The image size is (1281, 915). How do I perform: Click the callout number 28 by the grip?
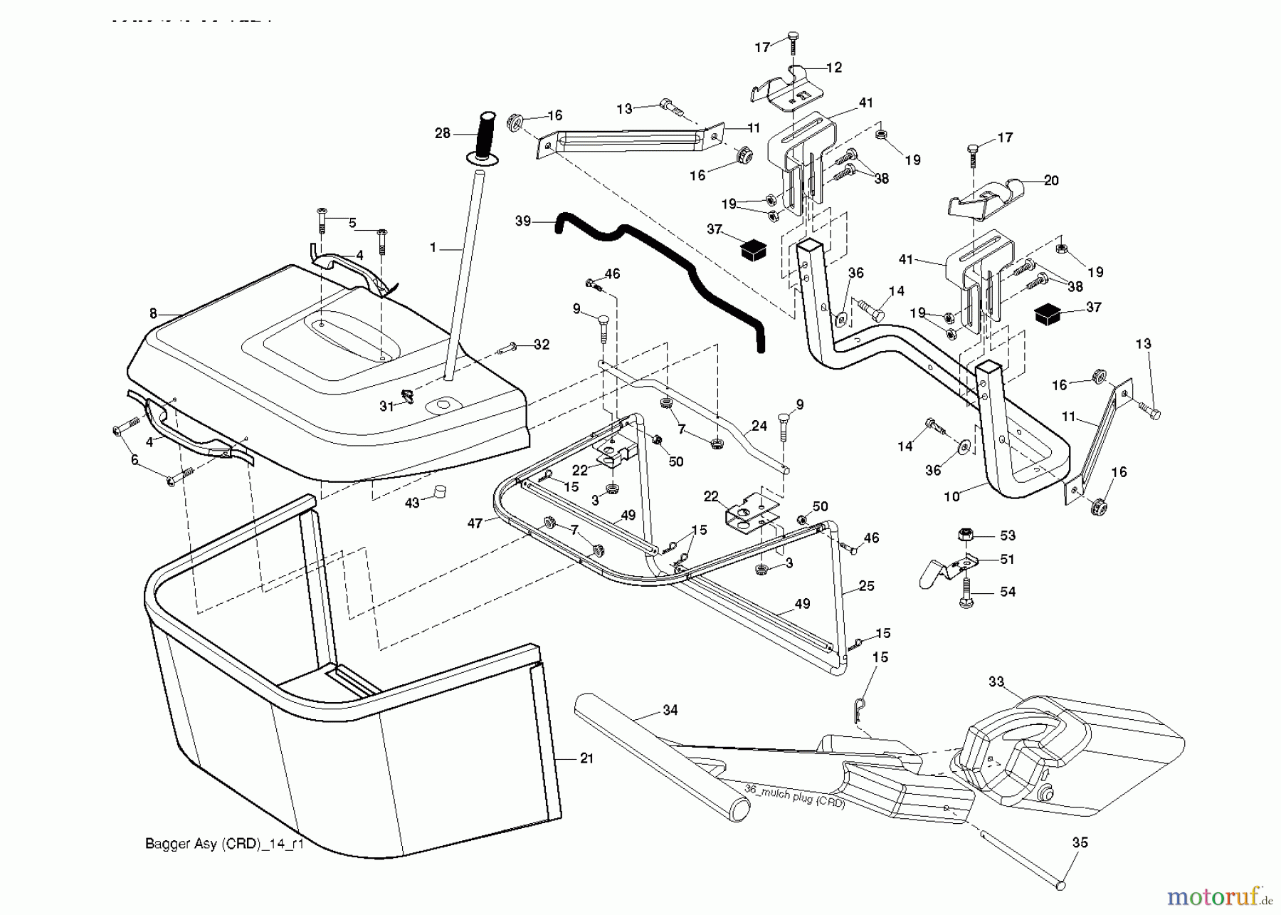(443, 133)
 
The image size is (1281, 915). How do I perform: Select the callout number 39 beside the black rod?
(523, 221)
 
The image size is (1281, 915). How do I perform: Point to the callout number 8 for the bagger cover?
(153, 313)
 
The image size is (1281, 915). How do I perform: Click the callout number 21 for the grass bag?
(586, 759)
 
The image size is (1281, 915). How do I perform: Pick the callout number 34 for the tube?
(670, 710)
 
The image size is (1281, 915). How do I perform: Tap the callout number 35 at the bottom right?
(1080, 843)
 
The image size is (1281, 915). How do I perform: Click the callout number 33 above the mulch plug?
(996, 682)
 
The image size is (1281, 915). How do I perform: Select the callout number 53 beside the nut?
(1008, 535)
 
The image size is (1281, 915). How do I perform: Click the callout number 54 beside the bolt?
(1008, 592)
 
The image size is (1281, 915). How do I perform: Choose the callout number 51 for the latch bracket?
(1008, 560)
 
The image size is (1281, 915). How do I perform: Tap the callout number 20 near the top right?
(1051, 181)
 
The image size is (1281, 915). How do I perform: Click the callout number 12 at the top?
(834, 68)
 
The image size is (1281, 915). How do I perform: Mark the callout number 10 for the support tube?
(951, 496)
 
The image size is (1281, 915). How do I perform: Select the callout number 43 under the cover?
(412, 503)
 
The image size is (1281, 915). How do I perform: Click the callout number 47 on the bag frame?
(475, 523)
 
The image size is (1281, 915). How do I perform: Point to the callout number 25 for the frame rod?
(867, 586)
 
